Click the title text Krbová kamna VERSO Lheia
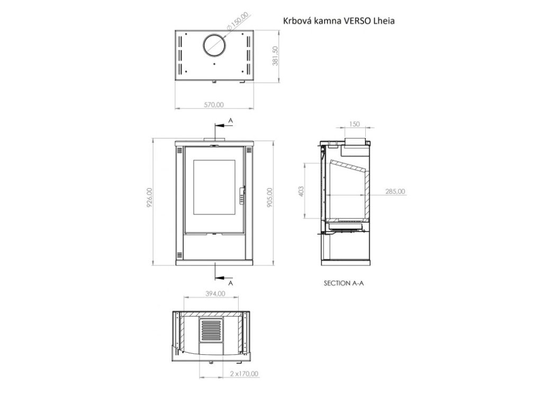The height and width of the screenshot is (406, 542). [x=339, y=21]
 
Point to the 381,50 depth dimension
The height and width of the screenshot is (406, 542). [x=276, y=56]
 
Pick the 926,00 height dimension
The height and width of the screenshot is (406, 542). [x=149, y=198]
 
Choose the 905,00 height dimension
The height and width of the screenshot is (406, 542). [x=270, y=198]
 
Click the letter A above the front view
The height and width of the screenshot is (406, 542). [x=231, y=121]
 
